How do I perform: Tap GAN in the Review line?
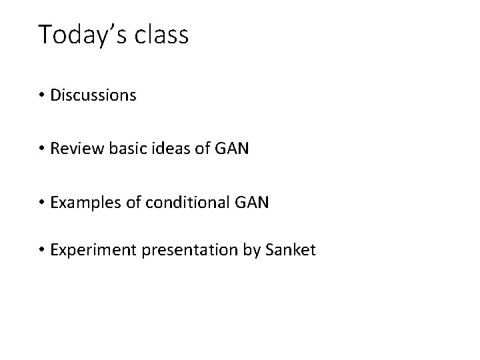(234, 149)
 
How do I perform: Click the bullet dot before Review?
(42, 149)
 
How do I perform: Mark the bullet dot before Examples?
(42, 203)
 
